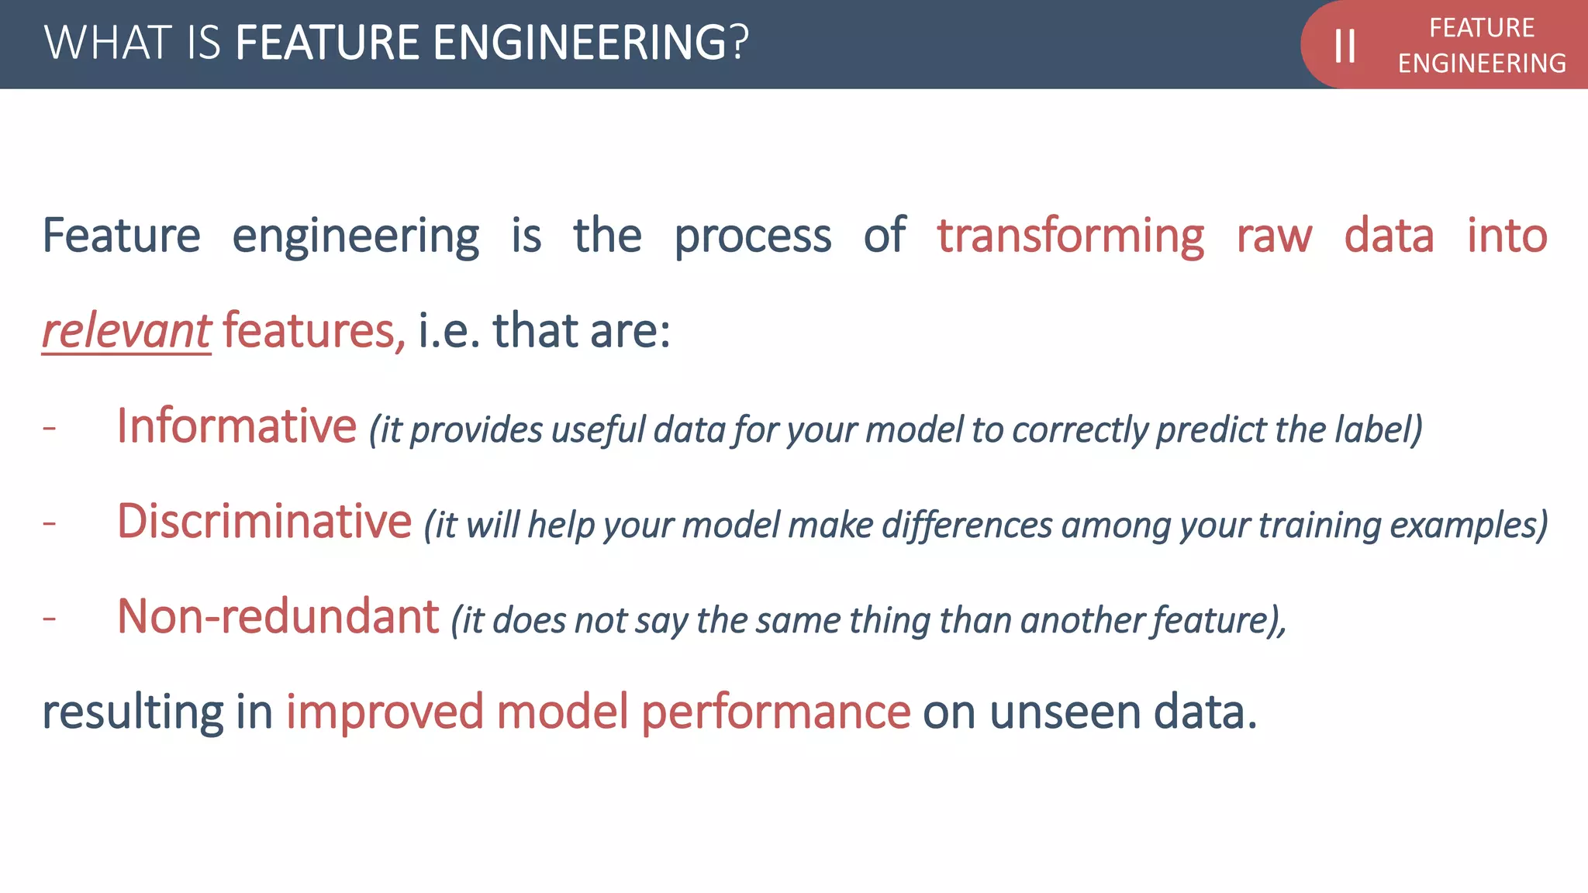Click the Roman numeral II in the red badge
tap(1345, 46)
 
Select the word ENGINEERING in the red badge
tap(1482, 64)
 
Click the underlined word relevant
tap(126, 331)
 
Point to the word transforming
tap(1070, 236)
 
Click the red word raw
tap(1274, 236)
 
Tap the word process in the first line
tap(752, 237)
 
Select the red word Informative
tap(236, 426)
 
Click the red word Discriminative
tap(264, 521)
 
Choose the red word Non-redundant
tap(278, 617)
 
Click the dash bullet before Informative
tap(50, 428)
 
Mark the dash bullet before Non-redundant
tap(50, 619)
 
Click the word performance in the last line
tap(775, 712)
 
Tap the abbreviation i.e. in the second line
tap(449, 331)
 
